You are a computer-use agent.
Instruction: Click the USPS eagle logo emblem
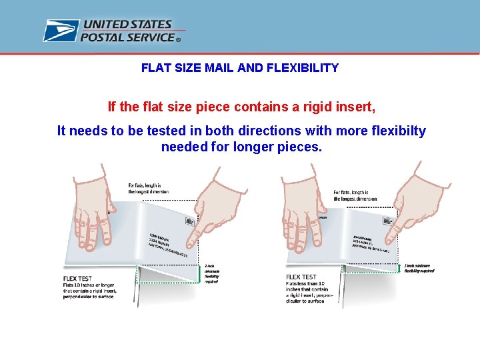point(61,31)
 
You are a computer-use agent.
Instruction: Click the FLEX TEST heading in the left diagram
point(77,278)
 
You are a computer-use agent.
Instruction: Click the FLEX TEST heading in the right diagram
point(301,277)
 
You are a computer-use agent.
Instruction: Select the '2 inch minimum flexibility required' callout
point(211,273)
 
